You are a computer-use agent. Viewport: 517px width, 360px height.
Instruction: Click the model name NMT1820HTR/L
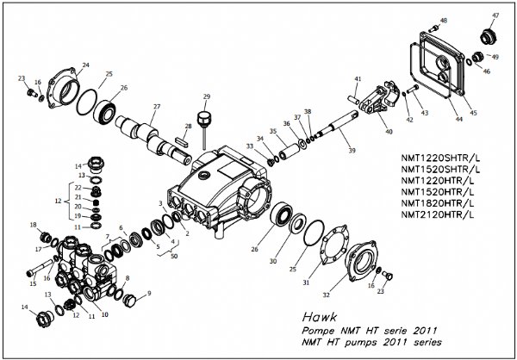(438, 202)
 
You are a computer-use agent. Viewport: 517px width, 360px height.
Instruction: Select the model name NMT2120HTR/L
(438, 214)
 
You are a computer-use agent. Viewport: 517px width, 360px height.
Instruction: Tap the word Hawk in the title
(320, 317)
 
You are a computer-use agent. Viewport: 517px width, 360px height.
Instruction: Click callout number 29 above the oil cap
(207, 96)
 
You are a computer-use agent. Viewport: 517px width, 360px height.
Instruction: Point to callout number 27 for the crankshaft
(157, 107)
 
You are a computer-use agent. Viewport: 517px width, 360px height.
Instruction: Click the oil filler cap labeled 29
(203, 121)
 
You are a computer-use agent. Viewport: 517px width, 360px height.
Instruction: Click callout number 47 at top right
(495, 16)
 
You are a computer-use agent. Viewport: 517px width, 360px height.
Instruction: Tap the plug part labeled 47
(489, 36)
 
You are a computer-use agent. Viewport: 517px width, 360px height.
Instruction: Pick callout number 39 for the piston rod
(352, 151)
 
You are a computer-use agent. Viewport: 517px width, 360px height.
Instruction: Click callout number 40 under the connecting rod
(389, 132)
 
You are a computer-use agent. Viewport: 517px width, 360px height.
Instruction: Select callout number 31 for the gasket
(306, 282)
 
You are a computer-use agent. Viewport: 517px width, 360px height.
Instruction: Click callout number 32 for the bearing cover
(326, 295)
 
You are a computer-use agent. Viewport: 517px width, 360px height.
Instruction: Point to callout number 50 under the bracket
(174, 256)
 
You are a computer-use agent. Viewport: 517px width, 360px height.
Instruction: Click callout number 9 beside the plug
(149, 293)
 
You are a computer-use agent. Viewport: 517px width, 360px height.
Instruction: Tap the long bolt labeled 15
(40, 267)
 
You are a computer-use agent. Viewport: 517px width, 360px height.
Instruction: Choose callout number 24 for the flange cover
(85, 65)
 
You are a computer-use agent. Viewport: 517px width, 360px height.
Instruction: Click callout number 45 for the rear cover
(473, 113)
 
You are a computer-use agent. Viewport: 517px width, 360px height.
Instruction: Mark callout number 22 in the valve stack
(78, 188)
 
